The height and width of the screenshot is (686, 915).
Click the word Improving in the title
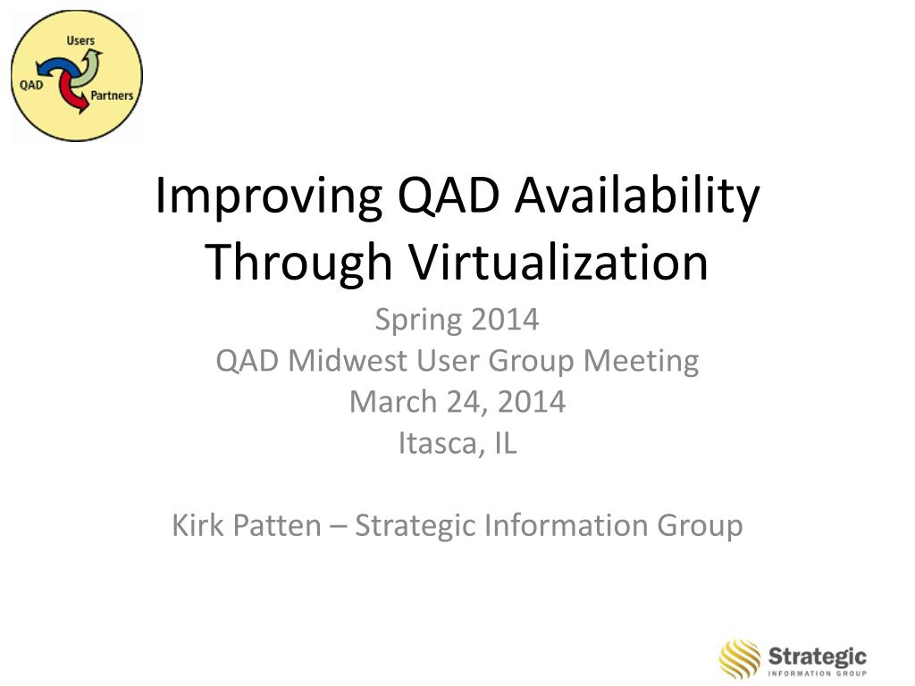click(x=269, y=197)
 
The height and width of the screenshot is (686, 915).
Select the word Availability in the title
click(x=636, y=197)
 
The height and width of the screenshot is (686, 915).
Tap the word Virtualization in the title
click(x=558, y=262)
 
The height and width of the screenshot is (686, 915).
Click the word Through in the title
click(x=298, y=263)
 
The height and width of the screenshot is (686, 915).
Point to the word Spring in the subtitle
click(x=418, y=321)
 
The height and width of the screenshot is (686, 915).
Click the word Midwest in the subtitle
click(x=348, y=361)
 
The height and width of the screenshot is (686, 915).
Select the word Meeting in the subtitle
click(x=642, y=361)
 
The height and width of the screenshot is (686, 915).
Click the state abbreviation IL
click(x=506, y=443)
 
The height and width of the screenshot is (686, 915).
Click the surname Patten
click(x=277, y=525)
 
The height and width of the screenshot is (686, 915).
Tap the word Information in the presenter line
click(x=566, y=525)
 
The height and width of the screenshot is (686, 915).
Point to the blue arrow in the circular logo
click(x=54, y=65)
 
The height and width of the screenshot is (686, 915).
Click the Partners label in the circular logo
click(x=112, y=95)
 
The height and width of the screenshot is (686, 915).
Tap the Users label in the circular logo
click(x=80, y=41)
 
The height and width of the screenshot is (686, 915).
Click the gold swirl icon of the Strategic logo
click(x=740, y=659)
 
